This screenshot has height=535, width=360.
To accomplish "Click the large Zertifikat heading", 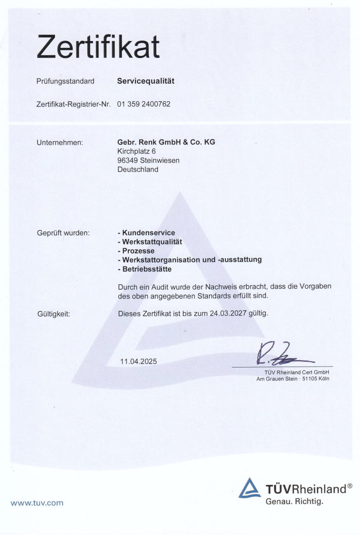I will [x=98, y=47].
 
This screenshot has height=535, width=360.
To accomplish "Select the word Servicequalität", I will [x=145, y=82].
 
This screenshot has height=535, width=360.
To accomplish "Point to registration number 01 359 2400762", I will [x=144, y=104].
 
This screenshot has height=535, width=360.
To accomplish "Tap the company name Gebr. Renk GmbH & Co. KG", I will [x=166, y=142].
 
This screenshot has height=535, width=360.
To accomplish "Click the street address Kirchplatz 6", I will [x=136, y=151].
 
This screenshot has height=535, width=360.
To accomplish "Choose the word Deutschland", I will [x=138, y=170].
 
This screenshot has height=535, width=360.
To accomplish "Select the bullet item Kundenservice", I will [x=148, y=233].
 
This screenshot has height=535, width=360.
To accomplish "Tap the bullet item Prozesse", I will [x=138, y=251].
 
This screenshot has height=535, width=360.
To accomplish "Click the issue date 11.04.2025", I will [x=139, y=361].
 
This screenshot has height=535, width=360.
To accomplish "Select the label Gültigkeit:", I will [x=54, y=314].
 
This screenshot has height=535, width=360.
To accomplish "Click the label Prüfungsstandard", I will [x=65, y=82].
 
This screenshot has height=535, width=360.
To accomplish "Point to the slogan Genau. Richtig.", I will [x=294, y=501].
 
